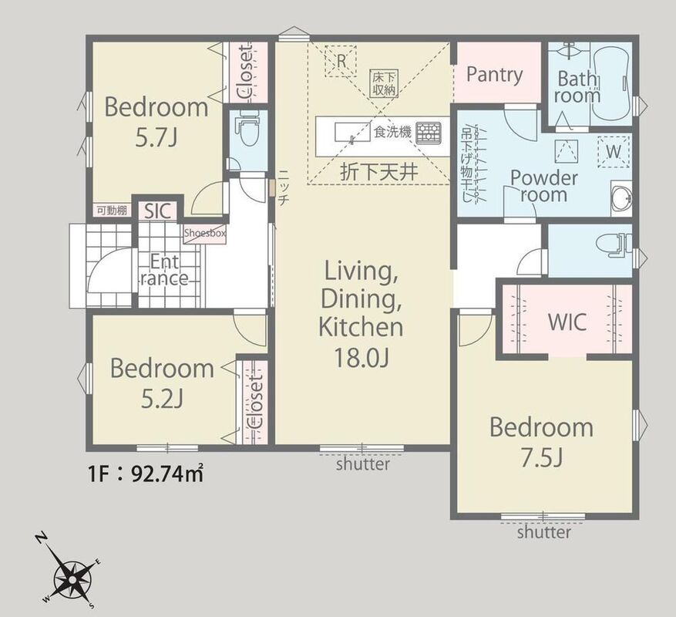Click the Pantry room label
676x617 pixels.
point(495,75)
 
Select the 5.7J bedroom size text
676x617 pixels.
point(156,138)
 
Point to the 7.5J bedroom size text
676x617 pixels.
point(541,458)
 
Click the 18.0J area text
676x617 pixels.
point(362,357)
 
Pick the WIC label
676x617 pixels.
point(567,322)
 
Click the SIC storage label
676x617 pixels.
point(157,211)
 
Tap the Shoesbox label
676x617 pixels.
point(205,234)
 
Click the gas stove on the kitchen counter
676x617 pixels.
point(428,133)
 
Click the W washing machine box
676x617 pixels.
point(614,151)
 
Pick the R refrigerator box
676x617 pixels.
point(341,61)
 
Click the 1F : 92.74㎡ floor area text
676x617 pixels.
point(145,474)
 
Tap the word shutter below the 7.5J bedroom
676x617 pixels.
point(544,532)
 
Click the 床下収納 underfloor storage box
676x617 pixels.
point(384,83)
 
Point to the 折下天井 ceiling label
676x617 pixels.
point(379,173)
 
